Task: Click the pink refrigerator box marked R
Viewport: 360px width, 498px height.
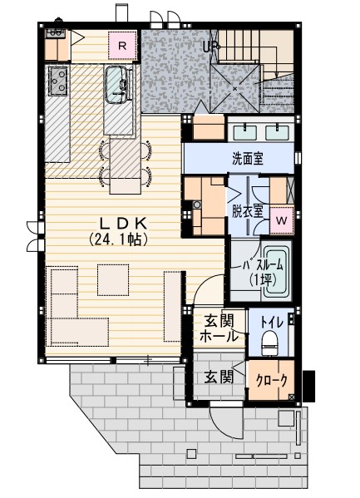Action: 122,47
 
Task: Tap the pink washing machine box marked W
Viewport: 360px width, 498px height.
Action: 281,220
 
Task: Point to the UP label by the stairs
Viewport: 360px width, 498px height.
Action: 210,47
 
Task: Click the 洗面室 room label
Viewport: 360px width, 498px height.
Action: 249,158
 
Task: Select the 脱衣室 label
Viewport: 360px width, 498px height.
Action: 248,210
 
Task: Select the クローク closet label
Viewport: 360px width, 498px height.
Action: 272,380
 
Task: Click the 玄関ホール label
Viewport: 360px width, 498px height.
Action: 219,328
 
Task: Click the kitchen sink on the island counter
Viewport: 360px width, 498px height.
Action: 118,84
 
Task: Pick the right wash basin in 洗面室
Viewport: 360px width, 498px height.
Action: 276,131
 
